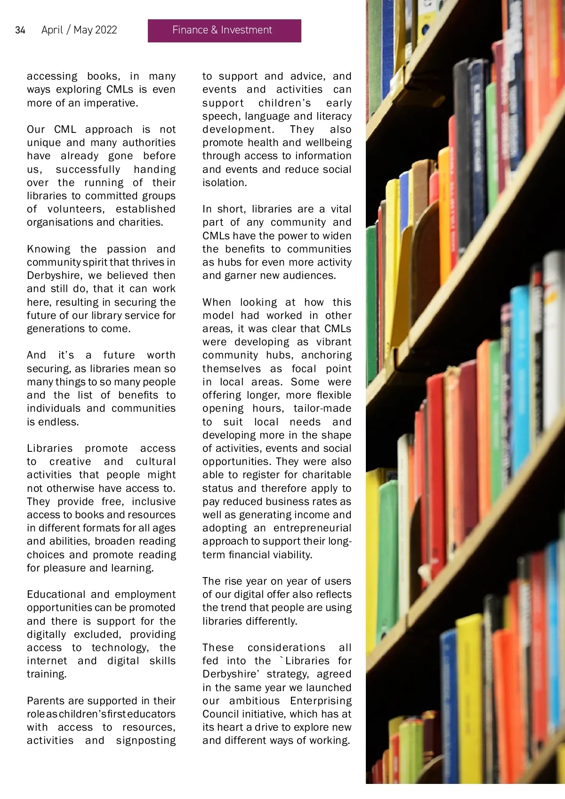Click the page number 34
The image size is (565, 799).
click(x=20, y=30)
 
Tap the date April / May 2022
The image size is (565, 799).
click(x=79, y=30)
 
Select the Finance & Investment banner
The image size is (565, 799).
click(x=224, y=31)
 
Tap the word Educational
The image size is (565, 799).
click(x=56, y=595)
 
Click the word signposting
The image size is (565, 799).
click(x=145, y=741)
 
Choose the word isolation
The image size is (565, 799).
click(x=225, y=183)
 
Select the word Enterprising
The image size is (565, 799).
click(x=321, y=701)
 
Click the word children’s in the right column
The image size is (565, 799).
click(x=284, y=103)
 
